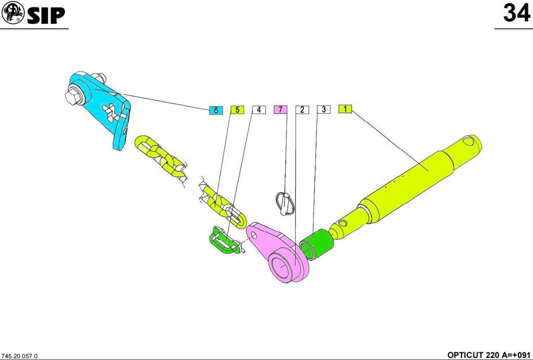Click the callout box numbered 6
coord(216,110)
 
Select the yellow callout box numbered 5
coord(237,109)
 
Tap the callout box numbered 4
coord(259,109)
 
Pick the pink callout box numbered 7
coord(281,109)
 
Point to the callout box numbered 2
coord(302,109)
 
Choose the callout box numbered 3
coord(324,109)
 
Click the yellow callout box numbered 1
coord(345,109)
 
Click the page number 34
coord(516,13)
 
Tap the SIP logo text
coord(46,15)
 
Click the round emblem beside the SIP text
coord(13,13)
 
